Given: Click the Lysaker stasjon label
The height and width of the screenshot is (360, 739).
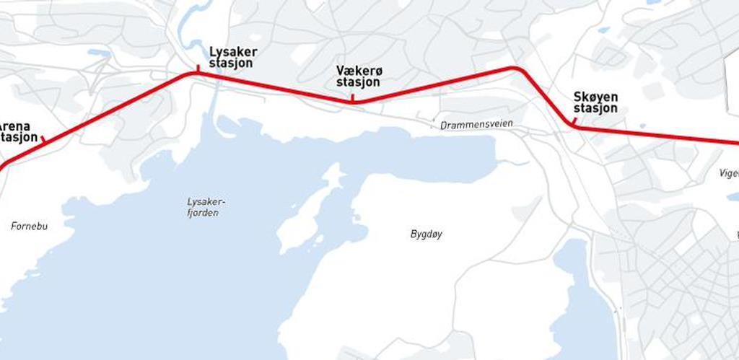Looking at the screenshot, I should (x=232, y=57).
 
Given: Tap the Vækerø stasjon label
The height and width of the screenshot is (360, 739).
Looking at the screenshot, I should (x=359, y=76).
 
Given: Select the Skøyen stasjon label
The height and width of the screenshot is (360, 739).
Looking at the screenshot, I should (x=595, y=102).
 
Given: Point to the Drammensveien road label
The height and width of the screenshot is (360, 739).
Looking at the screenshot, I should (x=476, y=124).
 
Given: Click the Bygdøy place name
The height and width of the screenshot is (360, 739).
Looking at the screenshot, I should (x=426, y=234).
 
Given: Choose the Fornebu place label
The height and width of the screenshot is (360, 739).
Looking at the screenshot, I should (x=29, y=226).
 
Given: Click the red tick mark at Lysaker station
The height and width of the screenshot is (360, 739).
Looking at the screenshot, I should (x=198, y=69).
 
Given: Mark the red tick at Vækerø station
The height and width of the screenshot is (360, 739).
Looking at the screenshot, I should (x=352, y=98).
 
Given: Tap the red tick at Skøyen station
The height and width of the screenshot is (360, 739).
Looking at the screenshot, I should (x=575, y=121).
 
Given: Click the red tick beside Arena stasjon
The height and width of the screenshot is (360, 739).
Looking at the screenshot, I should (x=43, y=139).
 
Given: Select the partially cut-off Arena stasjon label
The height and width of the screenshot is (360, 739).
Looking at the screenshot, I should (x=19, y=131).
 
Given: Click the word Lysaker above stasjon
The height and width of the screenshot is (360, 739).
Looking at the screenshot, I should (x=232, y=51).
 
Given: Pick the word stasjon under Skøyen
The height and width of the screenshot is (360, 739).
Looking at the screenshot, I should (x=595, y=108).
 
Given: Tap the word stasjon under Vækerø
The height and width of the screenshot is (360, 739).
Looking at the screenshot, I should (x=359, y=82).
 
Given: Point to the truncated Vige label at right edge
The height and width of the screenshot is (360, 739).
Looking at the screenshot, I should (x=729, y=173).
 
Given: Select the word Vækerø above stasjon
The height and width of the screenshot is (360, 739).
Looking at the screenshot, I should (x=359, y=70).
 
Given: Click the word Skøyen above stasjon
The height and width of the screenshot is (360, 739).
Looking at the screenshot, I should (x=595, y=96).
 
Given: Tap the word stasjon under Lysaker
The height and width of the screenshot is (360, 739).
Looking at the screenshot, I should (x=231, y=63).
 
